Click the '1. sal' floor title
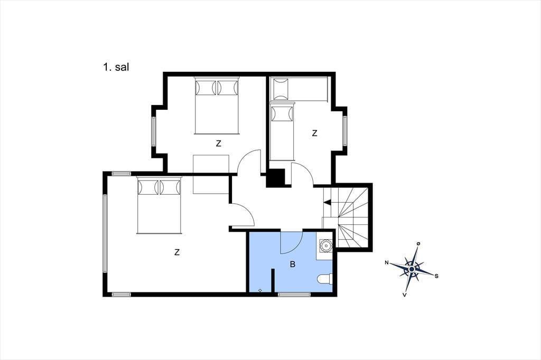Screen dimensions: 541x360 pyautogui.click(x=116, y=67)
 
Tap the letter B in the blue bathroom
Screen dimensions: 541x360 pyautogui.click(x=293, y=264)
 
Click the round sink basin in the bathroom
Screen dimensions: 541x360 pyautogui.click(x=325, y=245)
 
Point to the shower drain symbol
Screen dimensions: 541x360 pyautogui.click(x=260, y=290)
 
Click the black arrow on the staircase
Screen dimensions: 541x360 pyautogui.click(x=327, y=202)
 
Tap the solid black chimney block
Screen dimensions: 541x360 pyautogui.click(x=276, y=177)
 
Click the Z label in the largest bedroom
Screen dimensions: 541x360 pyautogui.click(x=177, y=252)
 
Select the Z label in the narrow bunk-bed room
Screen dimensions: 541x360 pyautogui.click(x=314, y=133)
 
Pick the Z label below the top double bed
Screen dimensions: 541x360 pyautogui.click(x=218, y=144)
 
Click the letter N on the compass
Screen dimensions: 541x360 pyautogui.click(x=387, y=263)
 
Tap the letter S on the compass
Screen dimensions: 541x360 pyautogui.click(x=436, y=276)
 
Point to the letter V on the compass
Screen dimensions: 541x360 pyautogui.click(x=404, y=295)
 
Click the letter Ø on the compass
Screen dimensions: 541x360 pyautogui.click(x=418, y=244)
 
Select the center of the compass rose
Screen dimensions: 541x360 pyautogui.click(x=412, y=269)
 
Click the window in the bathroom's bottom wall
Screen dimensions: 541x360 pyautogui.click(x=294, y=294)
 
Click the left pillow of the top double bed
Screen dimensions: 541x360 pyautogui.click(x=206, y=88)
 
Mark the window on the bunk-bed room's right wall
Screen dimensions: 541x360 pyautogui.click(x=344, y=130)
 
